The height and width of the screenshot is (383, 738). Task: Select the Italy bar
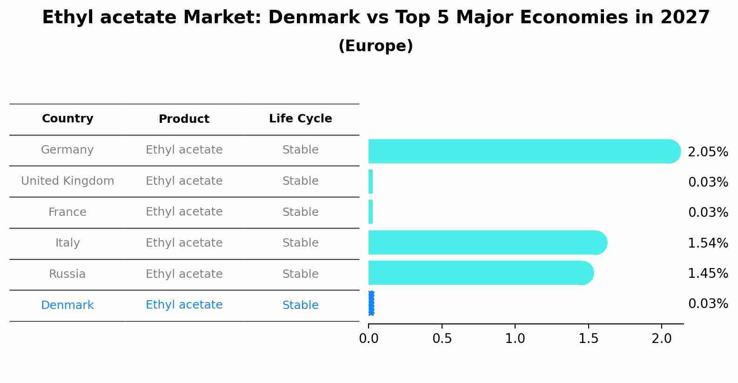(x=486, y=242)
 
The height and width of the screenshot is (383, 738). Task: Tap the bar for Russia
(x=479, y=273)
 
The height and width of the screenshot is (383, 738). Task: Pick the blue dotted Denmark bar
(x=371, y=303)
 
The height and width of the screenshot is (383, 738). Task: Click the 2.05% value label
(x=708, y=152)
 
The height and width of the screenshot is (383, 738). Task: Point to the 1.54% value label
(x=708, y=243)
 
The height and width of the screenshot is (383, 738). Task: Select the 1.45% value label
(x=708, y=273)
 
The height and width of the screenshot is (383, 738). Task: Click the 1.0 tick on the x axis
(x=515, y=339)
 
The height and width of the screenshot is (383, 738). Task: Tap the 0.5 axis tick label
(x=442, y=339)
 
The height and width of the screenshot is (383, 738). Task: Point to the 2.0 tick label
(x=662, y=339)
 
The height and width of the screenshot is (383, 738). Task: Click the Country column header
(x=67, y=119)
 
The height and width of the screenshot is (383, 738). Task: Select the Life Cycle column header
(x=300, y=119)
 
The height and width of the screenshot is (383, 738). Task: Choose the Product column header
(x=184, y=119)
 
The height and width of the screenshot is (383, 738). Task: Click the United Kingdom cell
(x=67, y=181)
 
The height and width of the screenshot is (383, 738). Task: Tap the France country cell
(x=67, y=212)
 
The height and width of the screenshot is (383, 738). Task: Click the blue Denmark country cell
(x=67, y=305)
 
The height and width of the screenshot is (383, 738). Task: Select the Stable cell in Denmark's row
(x=300, y=305)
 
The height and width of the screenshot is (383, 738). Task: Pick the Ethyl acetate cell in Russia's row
(x=184, y=274)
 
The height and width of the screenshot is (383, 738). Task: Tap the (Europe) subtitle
(x=376, y=46)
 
